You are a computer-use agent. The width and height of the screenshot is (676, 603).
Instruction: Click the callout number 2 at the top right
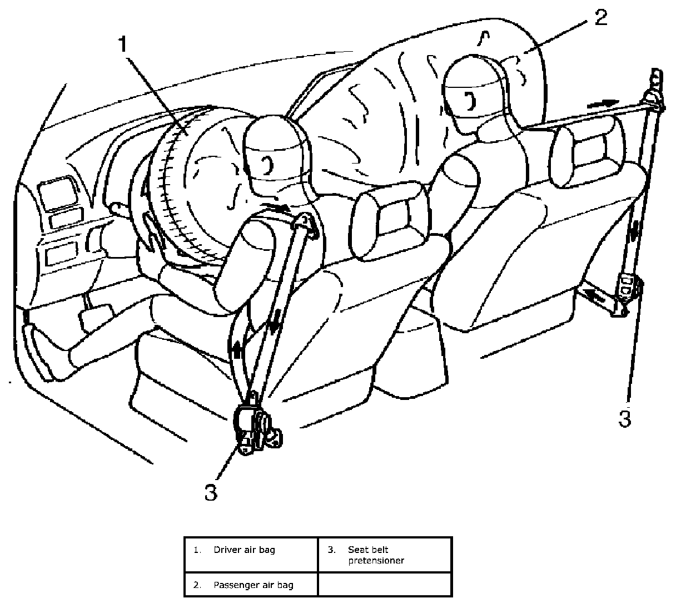click(599, 17)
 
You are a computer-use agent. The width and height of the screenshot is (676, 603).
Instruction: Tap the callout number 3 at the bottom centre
click(211, 492)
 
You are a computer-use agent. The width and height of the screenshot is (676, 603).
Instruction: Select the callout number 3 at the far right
click(625, 418)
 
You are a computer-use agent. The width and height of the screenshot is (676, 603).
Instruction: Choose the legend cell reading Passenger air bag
click(251, 585)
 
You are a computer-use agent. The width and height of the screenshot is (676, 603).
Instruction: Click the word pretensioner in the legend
click(376, 560)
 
